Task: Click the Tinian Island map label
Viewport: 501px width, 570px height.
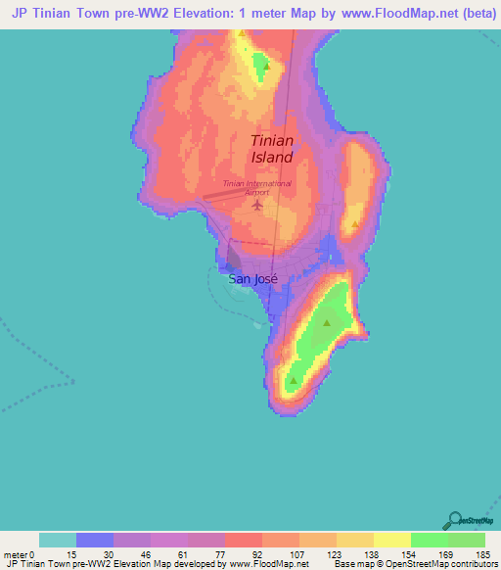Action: coord(271,149)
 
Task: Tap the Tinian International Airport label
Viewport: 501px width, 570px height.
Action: coord(256,188)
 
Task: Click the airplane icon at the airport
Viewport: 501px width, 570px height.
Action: coord(257,205)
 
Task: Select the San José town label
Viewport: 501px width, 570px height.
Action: coord(252,278)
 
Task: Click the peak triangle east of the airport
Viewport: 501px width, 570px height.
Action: coord(355,223)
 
